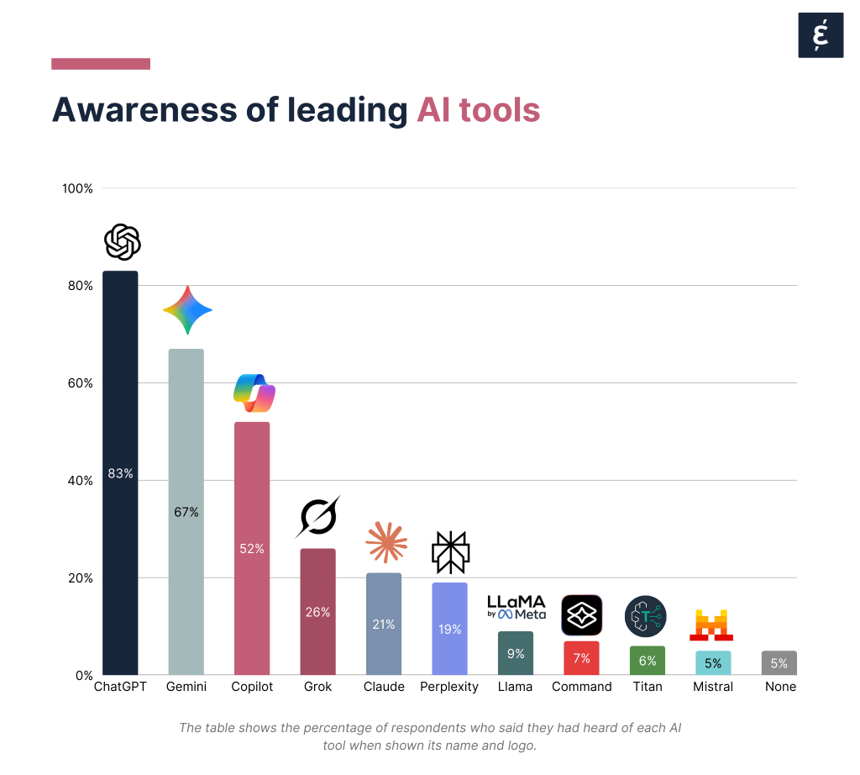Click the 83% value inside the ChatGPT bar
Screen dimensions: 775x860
[x=120, y=474]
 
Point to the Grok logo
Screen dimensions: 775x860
[x=317, y=516]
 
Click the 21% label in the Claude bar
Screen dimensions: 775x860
[x=383, y=624]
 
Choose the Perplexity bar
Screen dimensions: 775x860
[x=449, y=629]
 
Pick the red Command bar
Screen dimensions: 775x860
[x=581, y=658]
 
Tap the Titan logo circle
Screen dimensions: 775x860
[x=646, y=616]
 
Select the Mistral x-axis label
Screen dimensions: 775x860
[x=713, y=687]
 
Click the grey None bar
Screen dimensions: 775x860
[x=779, y=662]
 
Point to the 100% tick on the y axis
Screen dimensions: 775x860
[x=77, y=188]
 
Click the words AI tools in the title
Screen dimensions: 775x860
[x=478, y=110]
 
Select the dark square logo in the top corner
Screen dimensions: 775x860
[x=821, y=35]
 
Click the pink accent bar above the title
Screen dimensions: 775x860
[x=101, y=64]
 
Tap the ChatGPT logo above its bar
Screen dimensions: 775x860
[x=122, y=242]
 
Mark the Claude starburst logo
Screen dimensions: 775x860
[x=385, y=542]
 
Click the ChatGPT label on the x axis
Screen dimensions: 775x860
[x=120, y=687]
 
